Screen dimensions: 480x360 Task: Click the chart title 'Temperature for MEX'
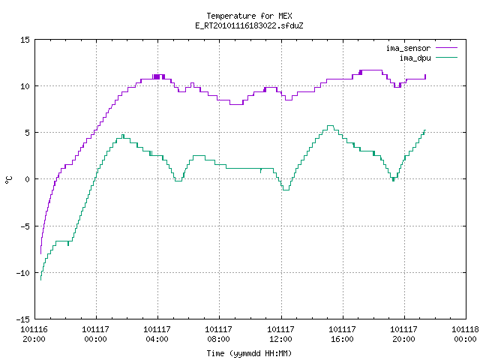(x=249, y=16)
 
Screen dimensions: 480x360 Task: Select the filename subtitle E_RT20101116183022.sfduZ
(x=249, y=25)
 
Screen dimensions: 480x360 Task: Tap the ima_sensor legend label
(x=408, y=48)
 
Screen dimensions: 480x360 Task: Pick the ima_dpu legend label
(x=415, y=58)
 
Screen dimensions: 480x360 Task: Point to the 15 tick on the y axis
(x=25, y=40)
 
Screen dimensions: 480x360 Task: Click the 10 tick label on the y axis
(x=25, y=86)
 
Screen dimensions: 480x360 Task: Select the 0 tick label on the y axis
(x=27, y=179)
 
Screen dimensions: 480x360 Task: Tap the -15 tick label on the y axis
(x=23, y=319)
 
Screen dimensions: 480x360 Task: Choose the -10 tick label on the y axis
(x=23, y=273)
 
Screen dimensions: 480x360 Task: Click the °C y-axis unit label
(x=8, y=180)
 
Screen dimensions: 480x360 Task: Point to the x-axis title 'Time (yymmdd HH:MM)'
(x=249, y=353)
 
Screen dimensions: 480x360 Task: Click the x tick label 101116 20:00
(x=34, y=334)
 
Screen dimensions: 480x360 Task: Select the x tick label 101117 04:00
(x=157, y=334)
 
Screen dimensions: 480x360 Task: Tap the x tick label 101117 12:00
(x=280, y=334)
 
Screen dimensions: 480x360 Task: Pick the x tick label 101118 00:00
(x=465, y=334)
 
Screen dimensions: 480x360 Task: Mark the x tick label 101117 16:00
(x=342, y=334)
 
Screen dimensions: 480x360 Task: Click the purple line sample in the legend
(x=447, y=48)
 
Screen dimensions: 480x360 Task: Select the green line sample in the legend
(x=447, y=58)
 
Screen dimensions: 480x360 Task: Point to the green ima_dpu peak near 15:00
(x=330, y=125)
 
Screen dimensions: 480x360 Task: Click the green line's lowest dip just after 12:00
(x=286, y=190)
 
